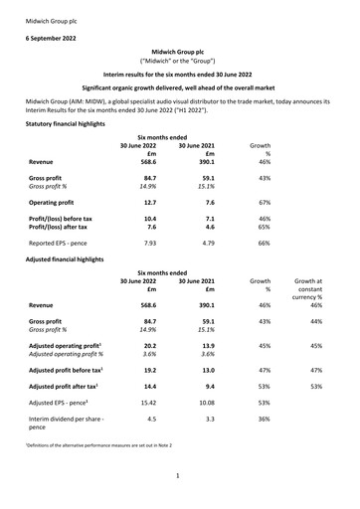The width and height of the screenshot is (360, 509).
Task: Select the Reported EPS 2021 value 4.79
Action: coord(204,242)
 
